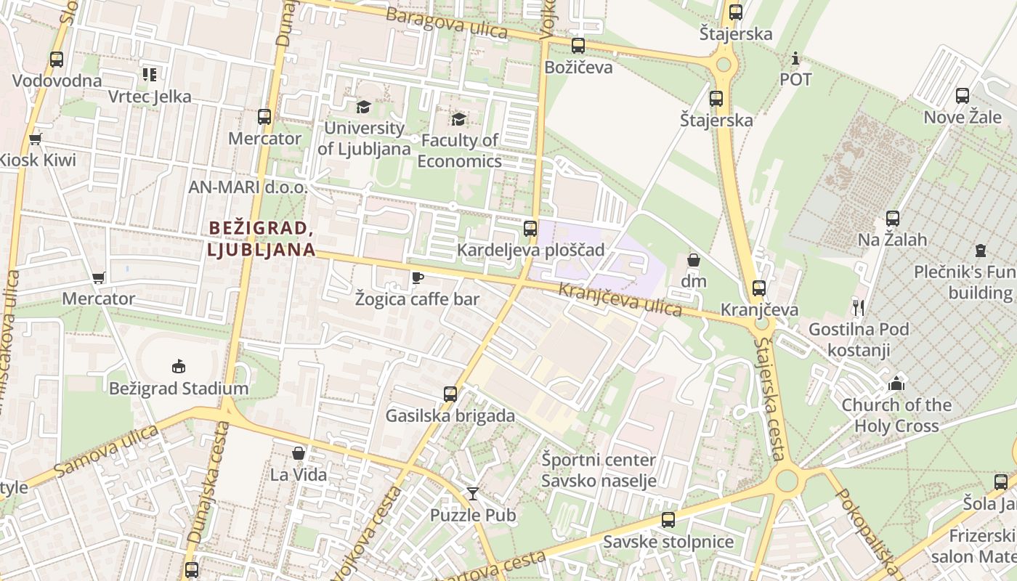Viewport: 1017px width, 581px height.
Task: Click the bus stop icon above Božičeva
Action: coord(578,46)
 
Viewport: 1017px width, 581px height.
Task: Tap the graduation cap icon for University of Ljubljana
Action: coord(362,107)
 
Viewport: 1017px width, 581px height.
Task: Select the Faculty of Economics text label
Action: coord(459,150)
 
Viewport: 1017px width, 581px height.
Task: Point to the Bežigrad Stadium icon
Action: coord(178,366)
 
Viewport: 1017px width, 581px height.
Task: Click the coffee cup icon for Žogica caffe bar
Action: coord(417,277)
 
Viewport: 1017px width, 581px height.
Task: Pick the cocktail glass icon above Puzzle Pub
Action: coord(473,494)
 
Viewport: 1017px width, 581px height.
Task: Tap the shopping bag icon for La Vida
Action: coord(298,453)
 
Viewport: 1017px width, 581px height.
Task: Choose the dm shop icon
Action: coord(694,259)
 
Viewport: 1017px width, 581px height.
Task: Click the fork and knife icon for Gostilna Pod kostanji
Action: coord(858,307)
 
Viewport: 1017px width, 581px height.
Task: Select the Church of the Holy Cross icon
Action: coord(896,383)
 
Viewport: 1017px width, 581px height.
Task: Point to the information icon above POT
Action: coord(795,58)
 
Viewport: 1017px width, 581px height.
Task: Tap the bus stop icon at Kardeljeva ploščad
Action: coord(530,228)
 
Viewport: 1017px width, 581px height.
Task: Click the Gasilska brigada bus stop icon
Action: coord(450,394)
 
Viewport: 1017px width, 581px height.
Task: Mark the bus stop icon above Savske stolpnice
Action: coord(668,520)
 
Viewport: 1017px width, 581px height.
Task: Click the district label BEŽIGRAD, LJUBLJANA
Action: coord(262,239)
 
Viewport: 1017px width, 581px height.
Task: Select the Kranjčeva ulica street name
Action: coord(620,300)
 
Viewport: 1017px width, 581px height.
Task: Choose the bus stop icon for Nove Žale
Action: coord(963,96)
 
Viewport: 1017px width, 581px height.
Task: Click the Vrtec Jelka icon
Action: coord(150,74)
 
